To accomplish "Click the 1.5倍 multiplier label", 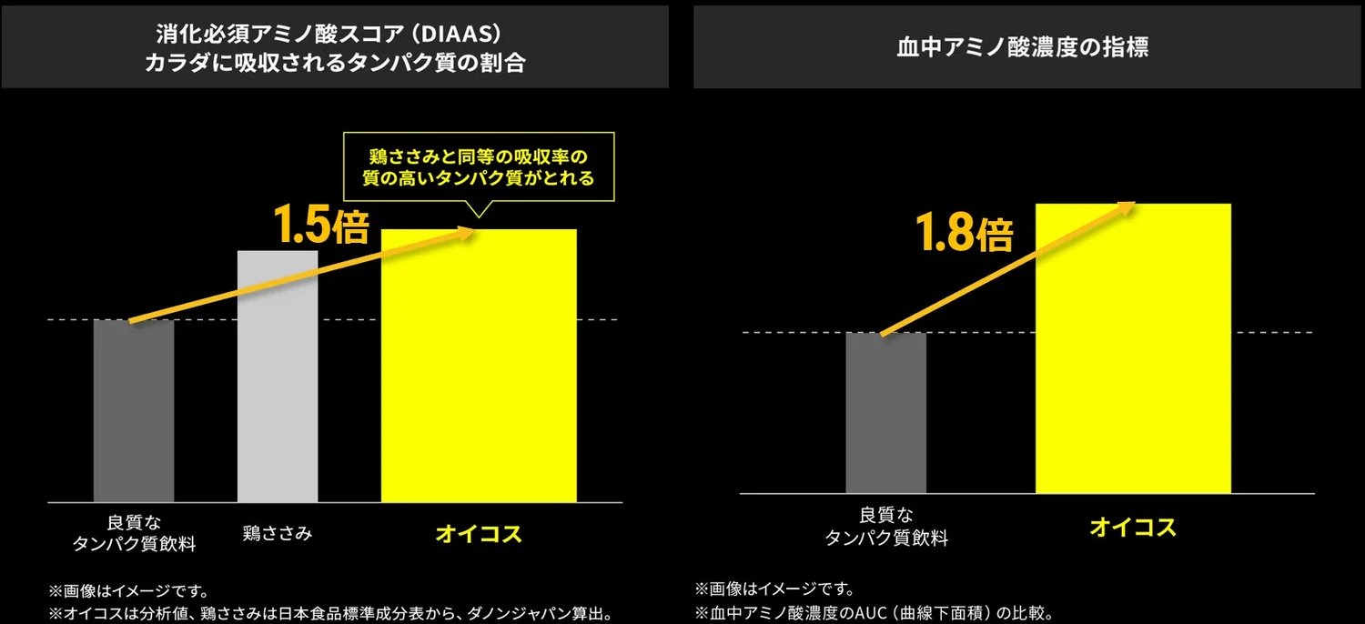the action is pos(321,224).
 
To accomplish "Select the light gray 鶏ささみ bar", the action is pos(278,376).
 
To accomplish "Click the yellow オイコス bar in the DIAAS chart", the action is pos(479,366).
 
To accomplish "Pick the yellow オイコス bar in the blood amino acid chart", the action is pos(1133,348).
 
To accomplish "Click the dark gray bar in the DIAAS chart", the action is pos(134,411).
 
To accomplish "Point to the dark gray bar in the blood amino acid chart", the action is pos(885,413).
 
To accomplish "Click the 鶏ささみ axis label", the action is pos(278,533).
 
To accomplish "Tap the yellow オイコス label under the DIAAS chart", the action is pos(479,534).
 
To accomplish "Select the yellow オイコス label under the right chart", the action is pos(1133,527).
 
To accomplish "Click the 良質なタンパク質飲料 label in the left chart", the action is pos(134,533).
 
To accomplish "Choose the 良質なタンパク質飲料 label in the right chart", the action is pos(886,527).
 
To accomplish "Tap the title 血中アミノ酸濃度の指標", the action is pos(1023,47).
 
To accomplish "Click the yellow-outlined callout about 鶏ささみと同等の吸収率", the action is pos(479,166).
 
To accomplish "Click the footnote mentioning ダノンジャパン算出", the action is pos(331,613).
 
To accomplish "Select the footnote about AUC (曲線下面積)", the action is pos(875,612).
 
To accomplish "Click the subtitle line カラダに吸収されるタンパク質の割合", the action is pos(335,63).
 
